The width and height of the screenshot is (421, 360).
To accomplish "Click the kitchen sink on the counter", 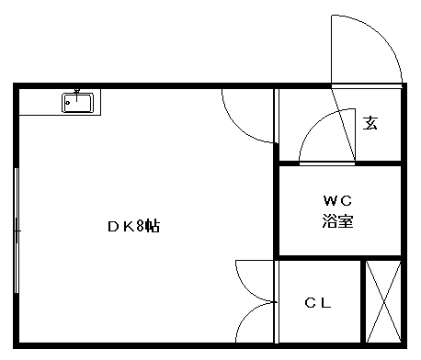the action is [77, 102].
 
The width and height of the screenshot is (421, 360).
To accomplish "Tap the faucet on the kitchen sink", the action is [77, 96].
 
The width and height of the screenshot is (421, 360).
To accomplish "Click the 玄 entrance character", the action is [370, 122].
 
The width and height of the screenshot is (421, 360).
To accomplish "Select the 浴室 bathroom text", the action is [337, 221].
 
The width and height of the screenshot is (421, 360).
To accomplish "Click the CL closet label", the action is [318, 303].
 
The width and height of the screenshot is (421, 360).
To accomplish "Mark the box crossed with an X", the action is [382, 301].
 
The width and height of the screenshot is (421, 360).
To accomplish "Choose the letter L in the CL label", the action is [325, 303].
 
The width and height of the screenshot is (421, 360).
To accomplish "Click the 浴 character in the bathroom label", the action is [329, 221].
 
